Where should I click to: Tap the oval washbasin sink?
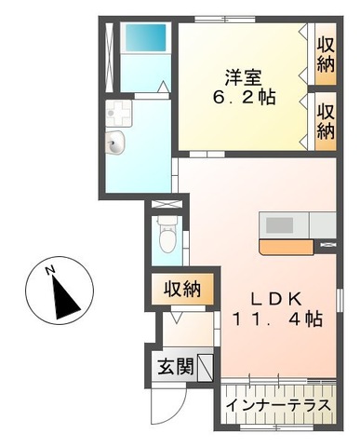117,142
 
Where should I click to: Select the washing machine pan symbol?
121,115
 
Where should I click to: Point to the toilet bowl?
167,236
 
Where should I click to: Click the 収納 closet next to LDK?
184,290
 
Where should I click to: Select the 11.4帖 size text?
276,320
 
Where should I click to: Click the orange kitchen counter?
288,247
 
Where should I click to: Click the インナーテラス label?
277,407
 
